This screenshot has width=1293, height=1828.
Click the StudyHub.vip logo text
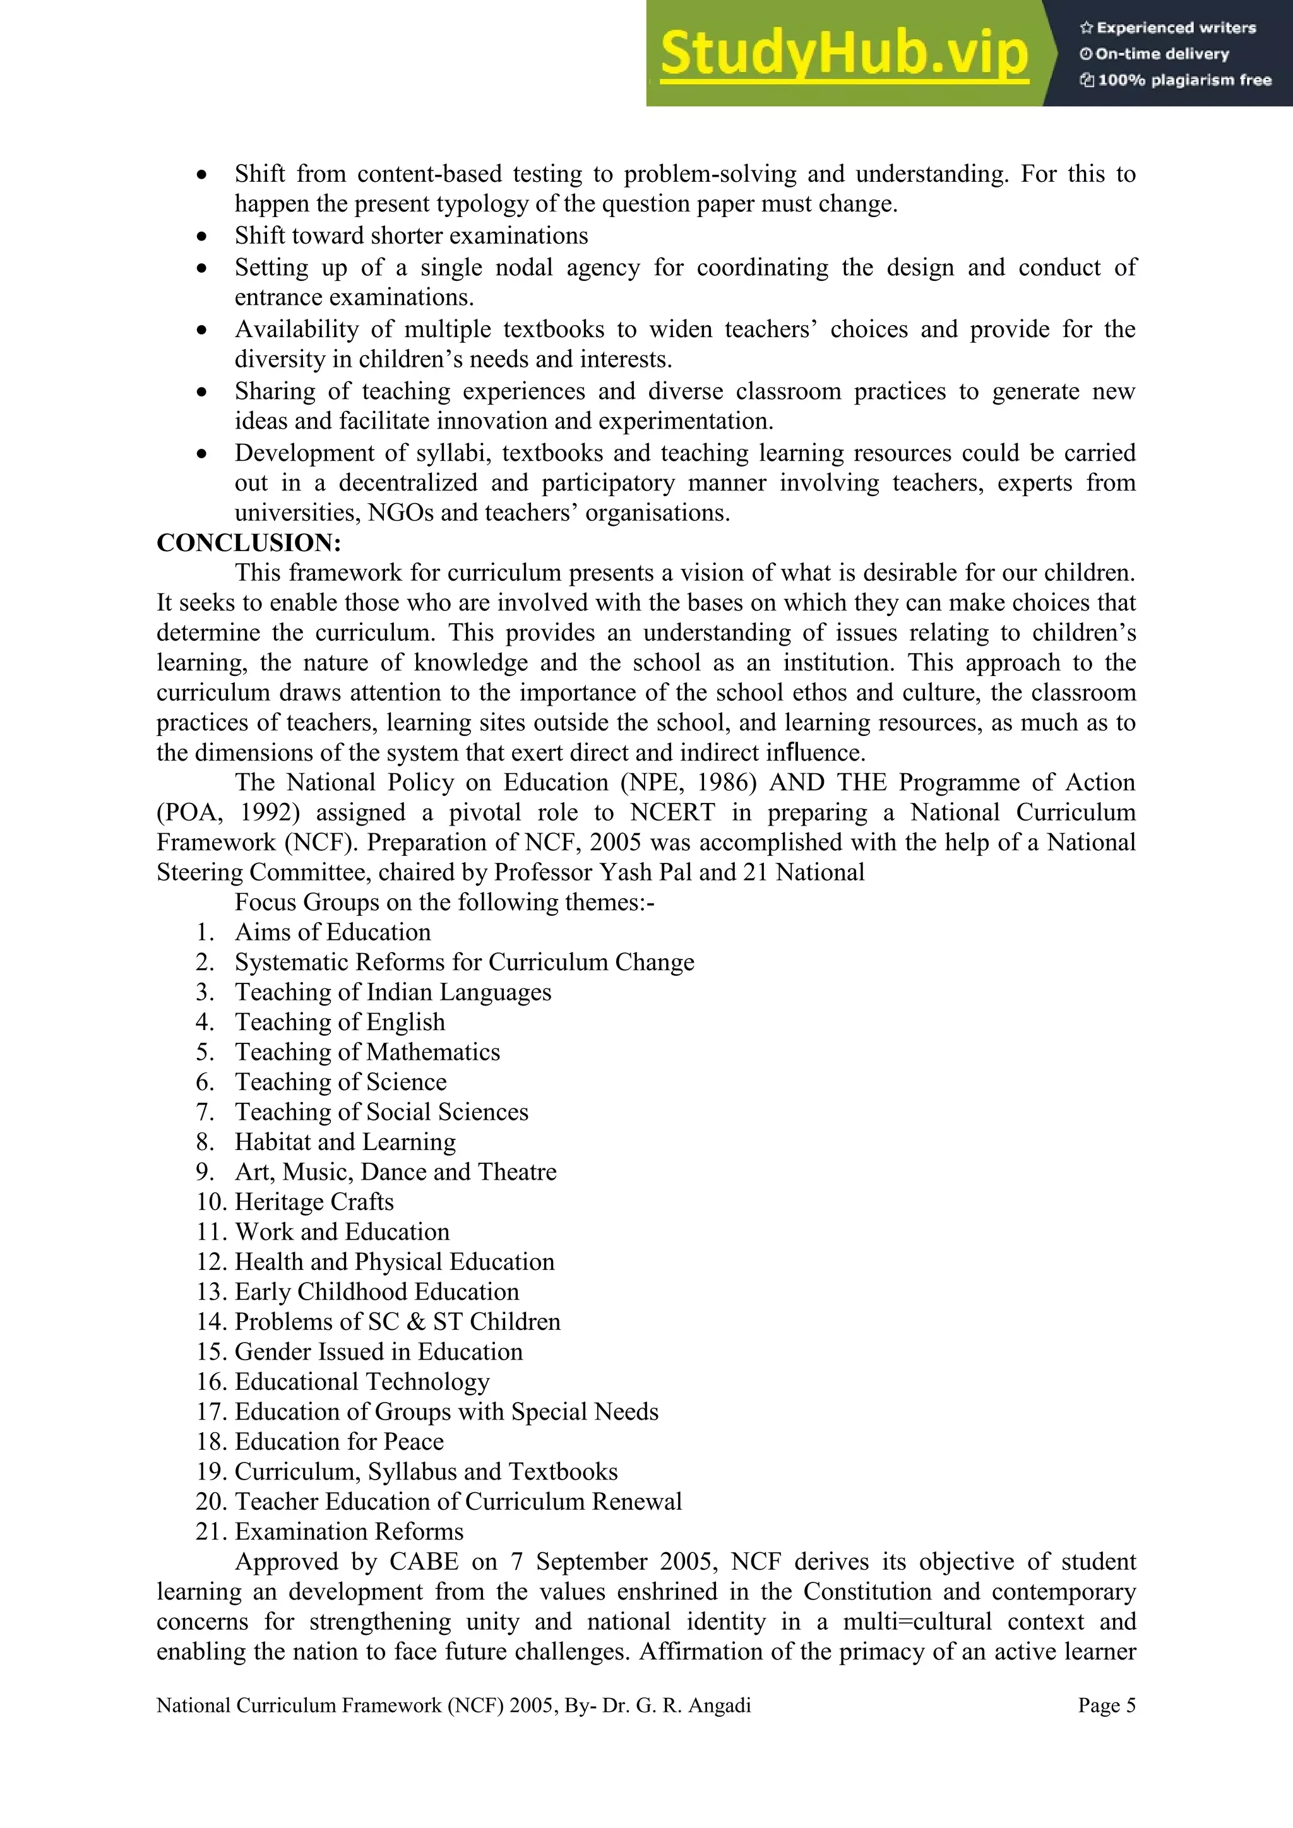pyautogui.click(x=844, y=54)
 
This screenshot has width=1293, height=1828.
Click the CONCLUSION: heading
pyautogui.click(x=248, y=543)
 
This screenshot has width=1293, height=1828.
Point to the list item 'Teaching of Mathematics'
pyautogui.click(x=367, y=1052)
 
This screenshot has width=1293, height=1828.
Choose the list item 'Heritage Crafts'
pyautogui.click(x=314, y=1202)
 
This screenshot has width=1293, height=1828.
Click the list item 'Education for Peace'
pyautogui.click(x=339, y=1442)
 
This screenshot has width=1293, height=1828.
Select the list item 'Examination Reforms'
pyautogui.click(x=349, y=1532)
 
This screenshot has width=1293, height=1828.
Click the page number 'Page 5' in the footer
pyautogui.click(x=1106, y=1706)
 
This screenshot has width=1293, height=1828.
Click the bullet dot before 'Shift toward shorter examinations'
pyautogui.click(x=202, y=237)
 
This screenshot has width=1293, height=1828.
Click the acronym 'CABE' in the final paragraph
pyautogui.click(x=424, y=1562)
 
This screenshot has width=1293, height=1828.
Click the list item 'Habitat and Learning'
pyautogui.click(x=345, y=1142)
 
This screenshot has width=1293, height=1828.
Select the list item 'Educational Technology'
pyautogui.click(x=362, y=1382)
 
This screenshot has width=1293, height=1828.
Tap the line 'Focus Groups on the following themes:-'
pyautogui.click(x=444, y=903)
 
